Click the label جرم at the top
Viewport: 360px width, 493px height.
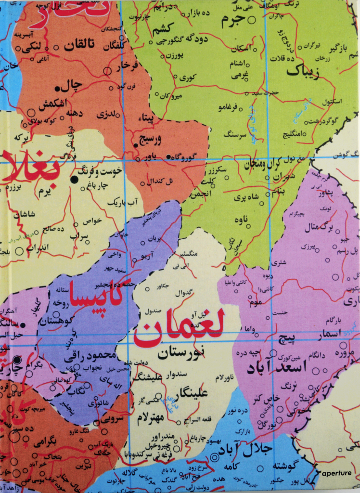point(233,20)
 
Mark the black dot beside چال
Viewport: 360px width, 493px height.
point(57,89)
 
